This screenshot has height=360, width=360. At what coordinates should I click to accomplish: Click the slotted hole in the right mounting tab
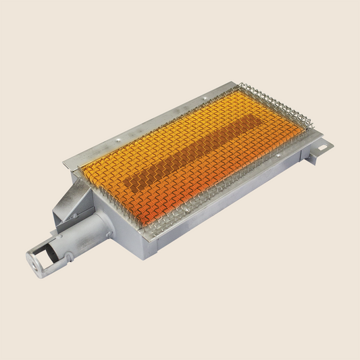pos(322,143)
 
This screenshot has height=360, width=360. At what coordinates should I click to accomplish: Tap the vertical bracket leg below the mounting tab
pos(312,157)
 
